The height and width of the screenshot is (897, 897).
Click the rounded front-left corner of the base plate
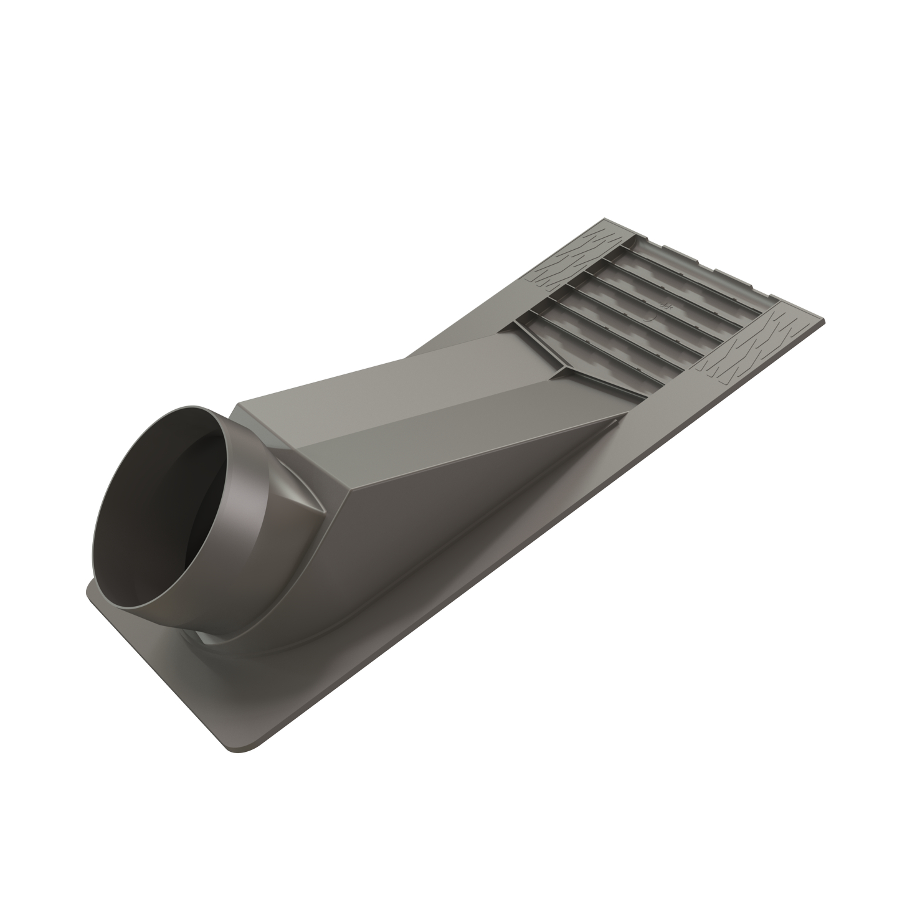(93, 592)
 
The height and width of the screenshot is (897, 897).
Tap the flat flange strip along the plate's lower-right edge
(498, 623)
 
